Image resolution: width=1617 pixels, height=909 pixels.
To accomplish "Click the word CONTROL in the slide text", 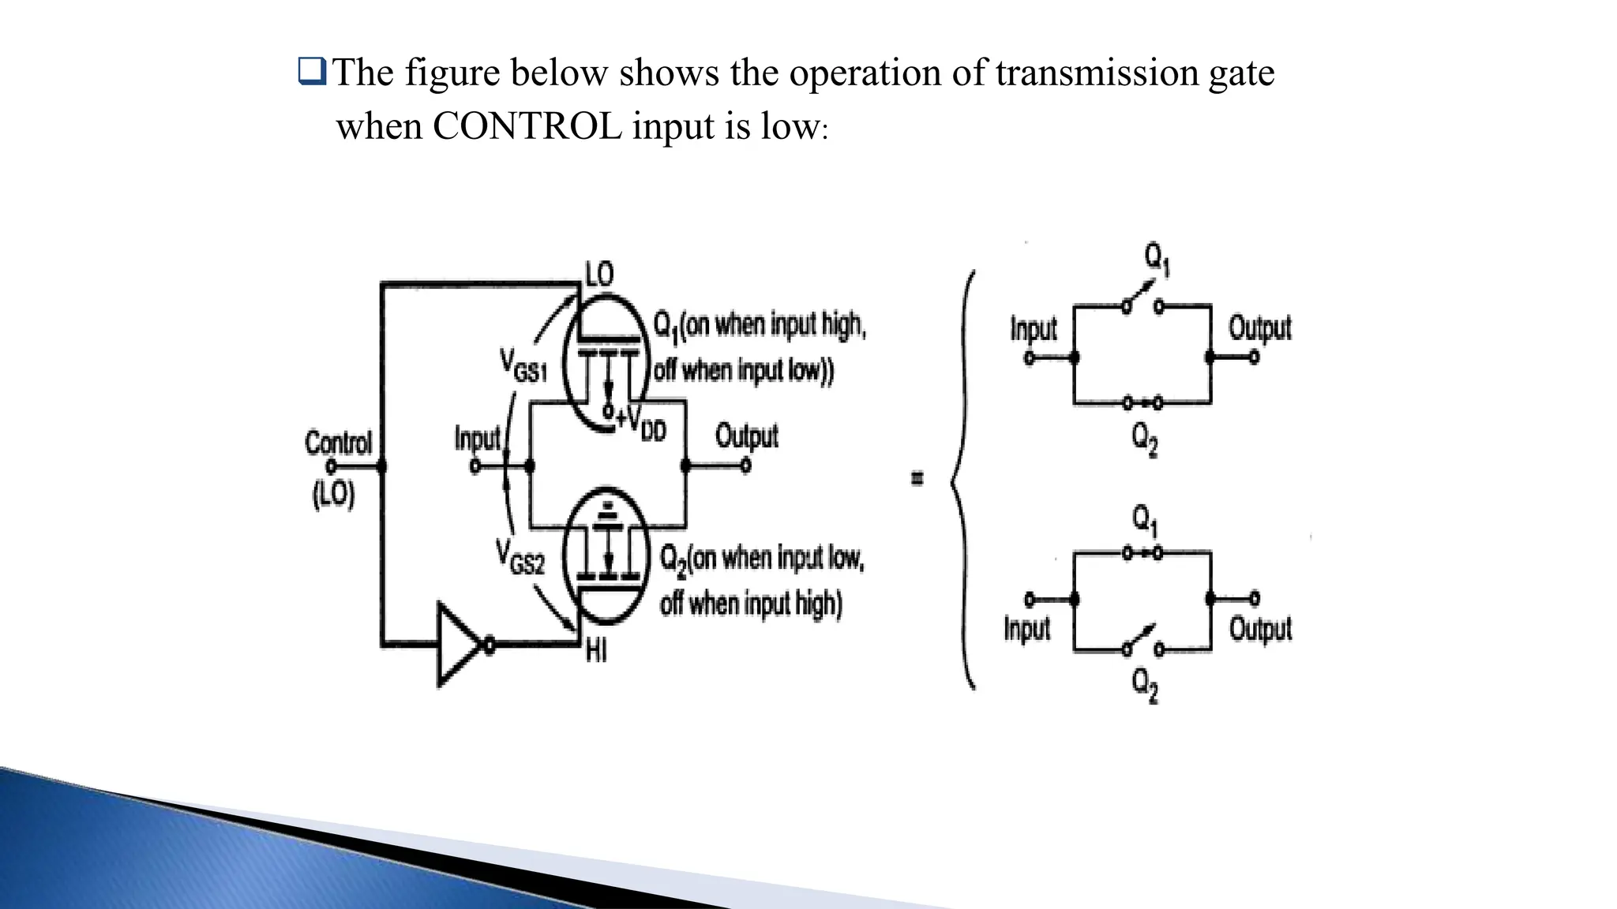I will [x=527, y=127].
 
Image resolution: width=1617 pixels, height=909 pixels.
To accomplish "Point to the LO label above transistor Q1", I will [x=598, y=274].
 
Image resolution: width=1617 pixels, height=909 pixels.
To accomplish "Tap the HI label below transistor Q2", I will [x=596, y=652].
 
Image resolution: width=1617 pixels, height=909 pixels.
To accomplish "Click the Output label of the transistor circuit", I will [x=746, y=436].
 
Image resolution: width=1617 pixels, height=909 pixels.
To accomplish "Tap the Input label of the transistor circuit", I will [x=477, y=438].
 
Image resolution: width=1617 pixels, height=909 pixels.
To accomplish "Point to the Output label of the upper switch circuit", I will [x=1259, y=328].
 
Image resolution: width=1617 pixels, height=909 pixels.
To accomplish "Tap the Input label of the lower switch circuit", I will [x=1026, y=629].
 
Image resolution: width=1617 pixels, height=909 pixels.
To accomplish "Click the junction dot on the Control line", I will [x=382, y=466].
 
